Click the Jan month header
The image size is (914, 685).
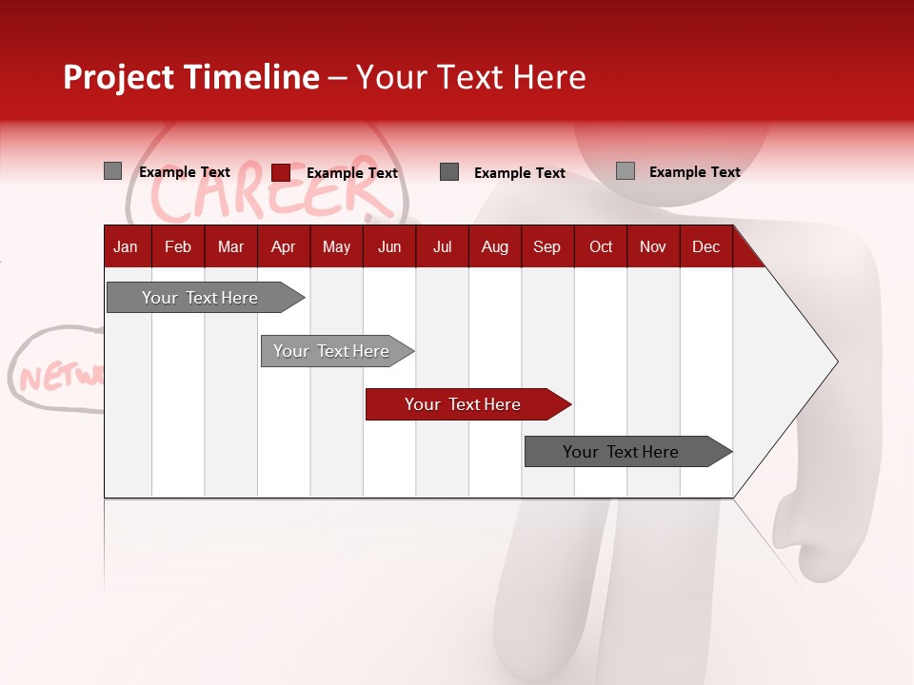tap(126, 247)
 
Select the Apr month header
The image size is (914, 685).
tap(283, 247)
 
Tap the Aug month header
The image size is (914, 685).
tap(494, 247)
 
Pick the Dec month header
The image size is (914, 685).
tap(705, 247)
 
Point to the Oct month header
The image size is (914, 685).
tap(601, 247)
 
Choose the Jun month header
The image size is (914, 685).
tap(389, 247)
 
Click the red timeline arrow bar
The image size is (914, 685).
tap(467, 404)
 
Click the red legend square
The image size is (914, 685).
tap(281, 172)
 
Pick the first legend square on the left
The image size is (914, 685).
tap(113, 171)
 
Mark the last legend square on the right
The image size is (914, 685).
tap(626, 171)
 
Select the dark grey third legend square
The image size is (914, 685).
tap(449, 172)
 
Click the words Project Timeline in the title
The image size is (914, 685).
tap(191, 77)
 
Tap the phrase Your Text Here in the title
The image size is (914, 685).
tap(470, 77)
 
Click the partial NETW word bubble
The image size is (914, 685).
tap(57, 374)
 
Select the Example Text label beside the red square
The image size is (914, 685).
tap(352, 173)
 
